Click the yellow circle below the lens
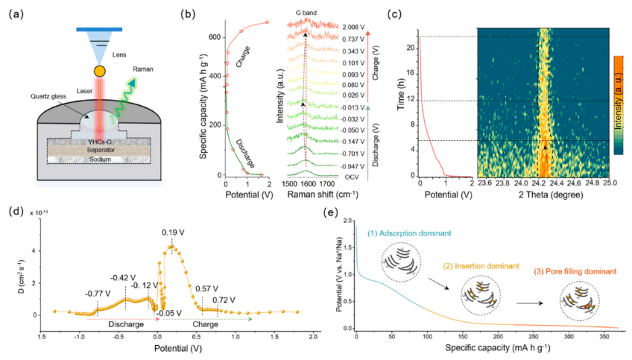pyautogui.click(x=99, y=72)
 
